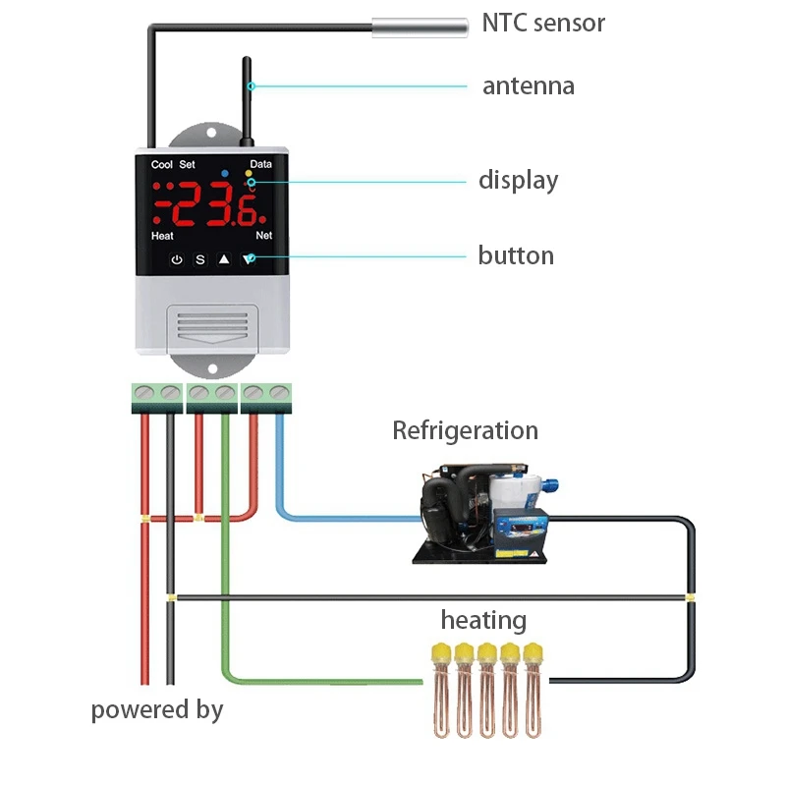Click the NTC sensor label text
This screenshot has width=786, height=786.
[543, 23]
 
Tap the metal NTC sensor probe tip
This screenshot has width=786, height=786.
[419, 27]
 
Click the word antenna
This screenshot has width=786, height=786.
[528, 86]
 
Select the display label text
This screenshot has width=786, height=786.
[518, 181]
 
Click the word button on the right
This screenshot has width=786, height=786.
[516, 256]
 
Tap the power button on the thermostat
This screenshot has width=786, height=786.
[177, 260]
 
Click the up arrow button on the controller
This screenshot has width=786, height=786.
[224, 260]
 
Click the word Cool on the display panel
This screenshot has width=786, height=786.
[162, 165]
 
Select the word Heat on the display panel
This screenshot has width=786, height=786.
[163, 236]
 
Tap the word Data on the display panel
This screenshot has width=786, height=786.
[261, 165]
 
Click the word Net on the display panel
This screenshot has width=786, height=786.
[263, 236]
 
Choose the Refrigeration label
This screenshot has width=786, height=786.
[465, 430]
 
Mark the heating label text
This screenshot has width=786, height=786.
[483, 621]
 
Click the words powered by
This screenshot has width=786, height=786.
[157, 709]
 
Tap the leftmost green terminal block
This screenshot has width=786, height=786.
[157, 395]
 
